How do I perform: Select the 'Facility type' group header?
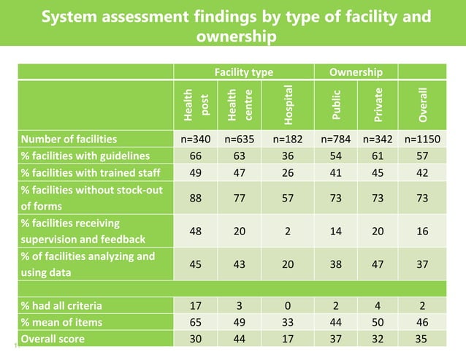click(243, 72)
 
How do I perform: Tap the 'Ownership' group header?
click(356, 72)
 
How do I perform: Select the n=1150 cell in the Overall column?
click(424, 139)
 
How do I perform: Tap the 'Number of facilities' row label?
click(69, 139)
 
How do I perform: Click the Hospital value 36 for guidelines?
click(289, 156)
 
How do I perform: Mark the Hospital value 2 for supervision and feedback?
click(289, 231)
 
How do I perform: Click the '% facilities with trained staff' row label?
click(91, 172)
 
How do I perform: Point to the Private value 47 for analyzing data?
click(378, 265)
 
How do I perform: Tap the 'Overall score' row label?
click(53, 339)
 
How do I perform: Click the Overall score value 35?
click(424, 339)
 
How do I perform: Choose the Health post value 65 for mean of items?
click(196, 323)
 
